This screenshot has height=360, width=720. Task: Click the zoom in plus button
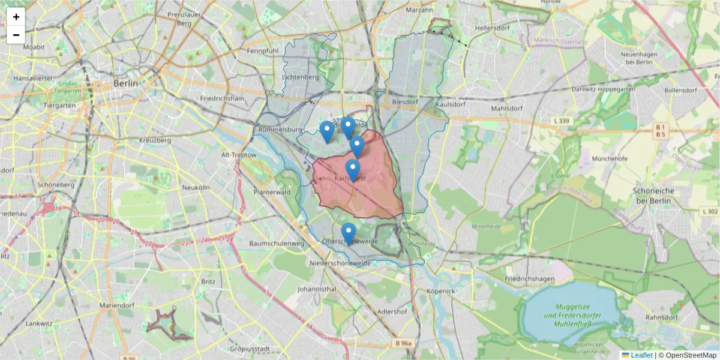click(16, 17)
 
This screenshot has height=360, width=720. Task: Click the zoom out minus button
click(16, 35)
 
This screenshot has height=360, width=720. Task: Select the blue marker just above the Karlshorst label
click(353, 169)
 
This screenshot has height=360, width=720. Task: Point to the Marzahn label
click(419, 10)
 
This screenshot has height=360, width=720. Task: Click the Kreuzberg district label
click(155, 140)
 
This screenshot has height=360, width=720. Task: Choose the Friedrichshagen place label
click(529, 279)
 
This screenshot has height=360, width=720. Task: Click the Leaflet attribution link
click(641, 355)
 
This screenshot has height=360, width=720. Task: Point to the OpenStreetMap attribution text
click(687, 355)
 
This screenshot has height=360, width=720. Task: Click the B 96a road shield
click(404, 343)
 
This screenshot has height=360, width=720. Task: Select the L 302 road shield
click(709, 212)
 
